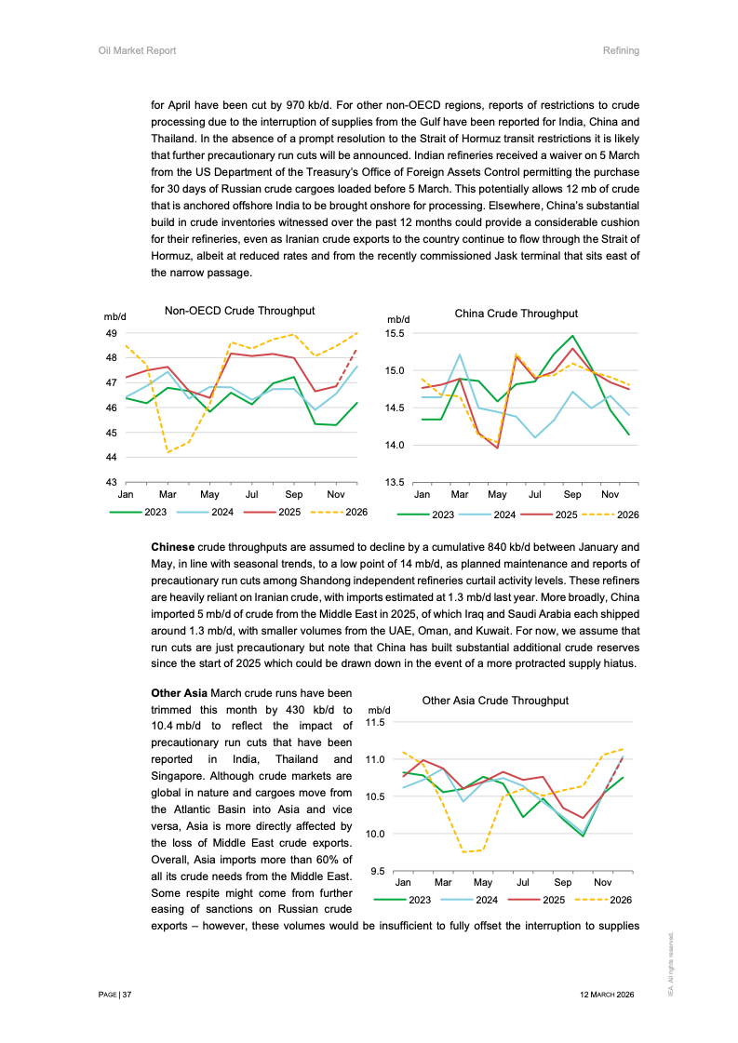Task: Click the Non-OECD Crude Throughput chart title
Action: click(x=239, y=311)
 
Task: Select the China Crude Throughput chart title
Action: click(x=516, y=314)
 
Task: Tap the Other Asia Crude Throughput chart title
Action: click(x=495, y=701)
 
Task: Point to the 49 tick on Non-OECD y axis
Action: click(x=110, y=333)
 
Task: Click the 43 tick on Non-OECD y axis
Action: click(x=110, y=482)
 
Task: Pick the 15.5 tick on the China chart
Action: click(x=394, y=333)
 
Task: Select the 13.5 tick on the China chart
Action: click(x=394, y=482)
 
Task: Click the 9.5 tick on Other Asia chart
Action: click(x=379, y=871)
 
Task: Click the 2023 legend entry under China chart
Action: click(x=442, y=515)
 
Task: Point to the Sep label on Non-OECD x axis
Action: click(x=294, y=496)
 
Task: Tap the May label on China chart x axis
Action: click(x=497, y=496)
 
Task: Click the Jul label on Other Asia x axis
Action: click(x=523, y=882)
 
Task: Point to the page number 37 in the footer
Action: click(x=127, y=995)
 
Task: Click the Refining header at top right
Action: click(x=621, y=50)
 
